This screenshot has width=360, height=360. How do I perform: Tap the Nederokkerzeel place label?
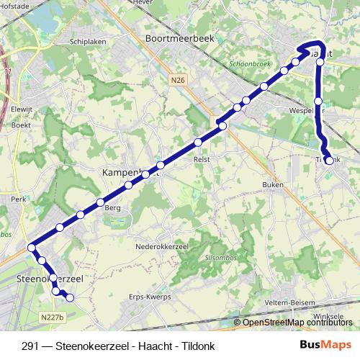click(162, 246)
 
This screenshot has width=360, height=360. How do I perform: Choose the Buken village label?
click(274, 184)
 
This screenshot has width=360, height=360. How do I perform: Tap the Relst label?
click(202, 160)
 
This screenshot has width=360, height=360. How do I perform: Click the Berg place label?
click(112, 207)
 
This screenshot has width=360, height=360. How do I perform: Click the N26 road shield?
click(179, 81)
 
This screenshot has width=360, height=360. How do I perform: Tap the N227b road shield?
click(53, 317)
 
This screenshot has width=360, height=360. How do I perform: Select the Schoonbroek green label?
click(248, 63)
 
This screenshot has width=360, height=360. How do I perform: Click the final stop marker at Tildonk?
click(329, 161)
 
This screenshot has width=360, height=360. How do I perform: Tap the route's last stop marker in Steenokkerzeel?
click(70, 297)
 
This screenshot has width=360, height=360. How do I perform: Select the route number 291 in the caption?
click(31, 345)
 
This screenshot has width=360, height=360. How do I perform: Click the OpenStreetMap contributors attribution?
click(297, 323)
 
